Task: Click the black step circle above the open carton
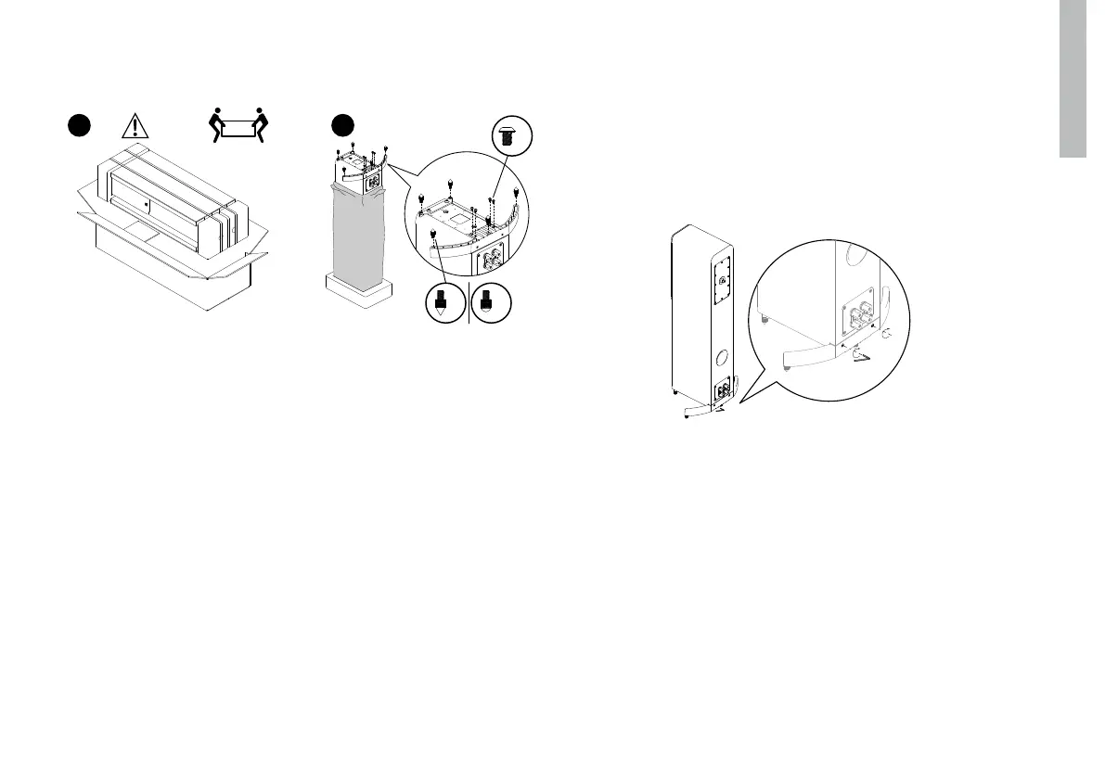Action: [x=79, y=125]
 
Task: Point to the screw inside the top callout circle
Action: [x=508, y=136]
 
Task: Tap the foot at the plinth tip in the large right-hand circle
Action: [x=787, y=367]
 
